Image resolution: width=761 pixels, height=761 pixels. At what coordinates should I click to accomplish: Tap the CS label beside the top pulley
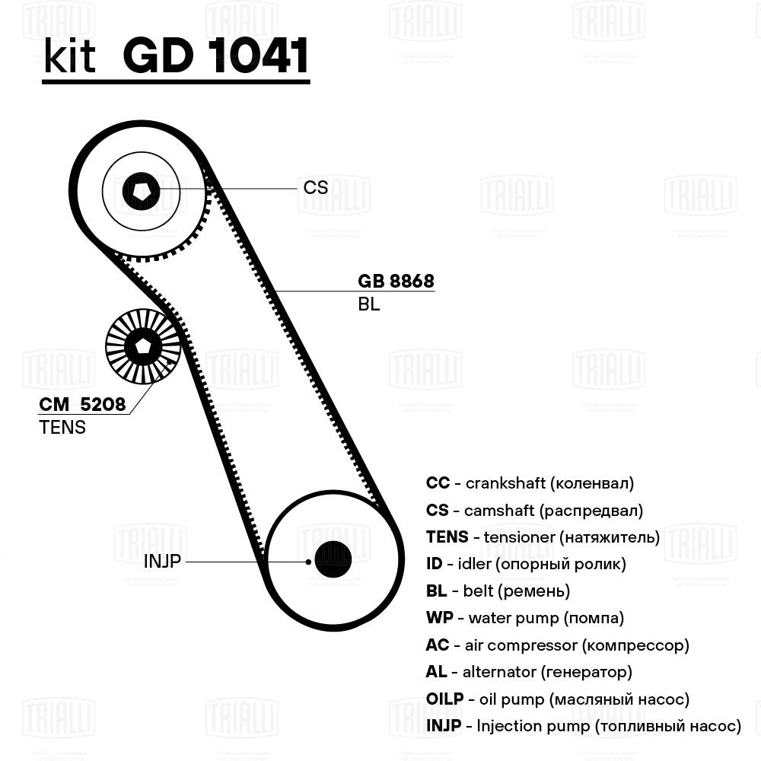click(x=316, y=187)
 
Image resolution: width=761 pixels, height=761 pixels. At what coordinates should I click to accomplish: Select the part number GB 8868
click(x=396, y=281)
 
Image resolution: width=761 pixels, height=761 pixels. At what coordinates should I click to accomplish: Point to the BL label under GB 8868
click(x=368, y=305)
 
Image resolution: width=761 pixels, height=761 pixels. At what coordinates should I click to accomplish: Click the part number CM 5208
click(x=82, y=404)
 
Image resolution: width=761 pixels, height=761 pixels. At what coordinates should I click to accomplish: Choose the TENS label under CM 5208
click(x=62, y=428)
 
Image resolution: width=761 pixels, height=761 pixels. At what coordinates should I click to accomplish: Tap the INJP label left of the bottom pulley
click(x=162, y=562)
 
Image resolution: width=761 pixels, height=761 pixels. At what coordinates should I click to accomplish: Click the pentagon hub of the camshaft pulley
click(x=142, y=189)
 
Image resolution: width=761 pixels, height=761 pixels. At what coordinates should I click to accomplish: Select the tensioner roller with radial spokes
click(x=142, y=346)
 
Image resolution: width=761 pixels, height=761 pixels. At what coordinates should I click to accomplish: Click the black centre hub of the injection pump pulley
click(x=333, y=559)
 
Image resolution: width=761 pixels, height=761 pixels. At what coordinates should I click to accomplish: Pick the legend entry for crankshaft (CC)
click(x=530, y=482)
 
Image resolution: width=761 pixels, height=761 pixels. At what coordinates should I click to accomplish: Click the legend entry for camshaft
click(x=534, y=510)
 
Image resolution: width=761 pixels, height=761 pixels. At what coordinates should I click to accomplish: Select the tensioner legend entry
click(x=543, y=537)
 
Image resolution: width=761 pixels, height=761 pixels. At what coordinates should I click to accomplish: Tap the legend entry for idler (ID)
click(x=526, y=564)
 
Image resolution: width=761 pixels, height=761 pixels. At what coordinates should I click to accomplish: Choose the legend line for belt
click(x=498, y=591)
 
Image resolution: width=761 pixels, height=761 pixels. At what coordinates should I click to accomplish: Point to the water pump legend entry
click(x=525, y=618)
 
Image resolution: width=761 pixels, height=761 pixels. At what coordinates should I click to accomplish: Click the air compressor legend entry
click(x=557, y=645)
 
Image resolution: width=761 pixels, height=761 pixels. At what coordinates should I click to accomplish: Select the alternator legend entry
click(x=529, y=672)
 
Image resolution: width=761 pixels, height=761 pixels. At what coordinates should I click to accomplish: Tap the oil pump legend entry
click(x=558, y=699)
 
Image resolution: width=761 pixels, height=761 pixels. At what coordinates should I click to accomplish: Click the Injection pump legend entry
click(x=583, y=726)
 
